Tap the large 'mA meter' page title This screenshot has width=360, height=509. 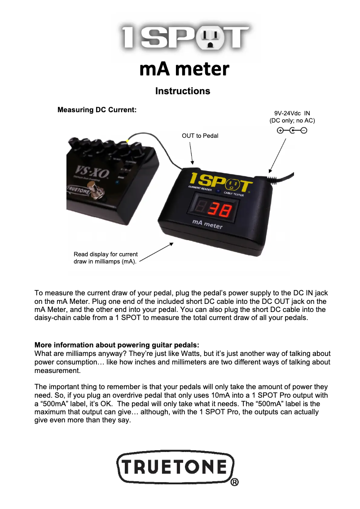coord(184,69)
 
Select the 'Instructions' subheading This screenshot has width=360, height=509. coord(183,91)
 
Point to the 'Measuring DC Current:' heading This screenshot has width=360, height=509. coord(97,110)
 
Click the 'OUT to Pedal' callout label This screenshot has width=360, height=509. coord(200,136)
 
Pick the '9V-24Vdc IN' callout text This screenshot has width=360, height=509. coord(292,114)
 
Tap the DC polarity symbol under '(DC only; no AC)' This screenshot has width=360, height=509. coord(292,131)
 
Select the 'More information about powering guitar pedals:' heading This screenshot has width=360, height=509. coord(117,345)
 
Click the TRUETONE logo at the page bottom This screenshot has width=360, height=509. coord(176,468)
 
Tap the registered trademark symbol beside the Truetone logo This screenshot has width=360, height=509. coord(234,483)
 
